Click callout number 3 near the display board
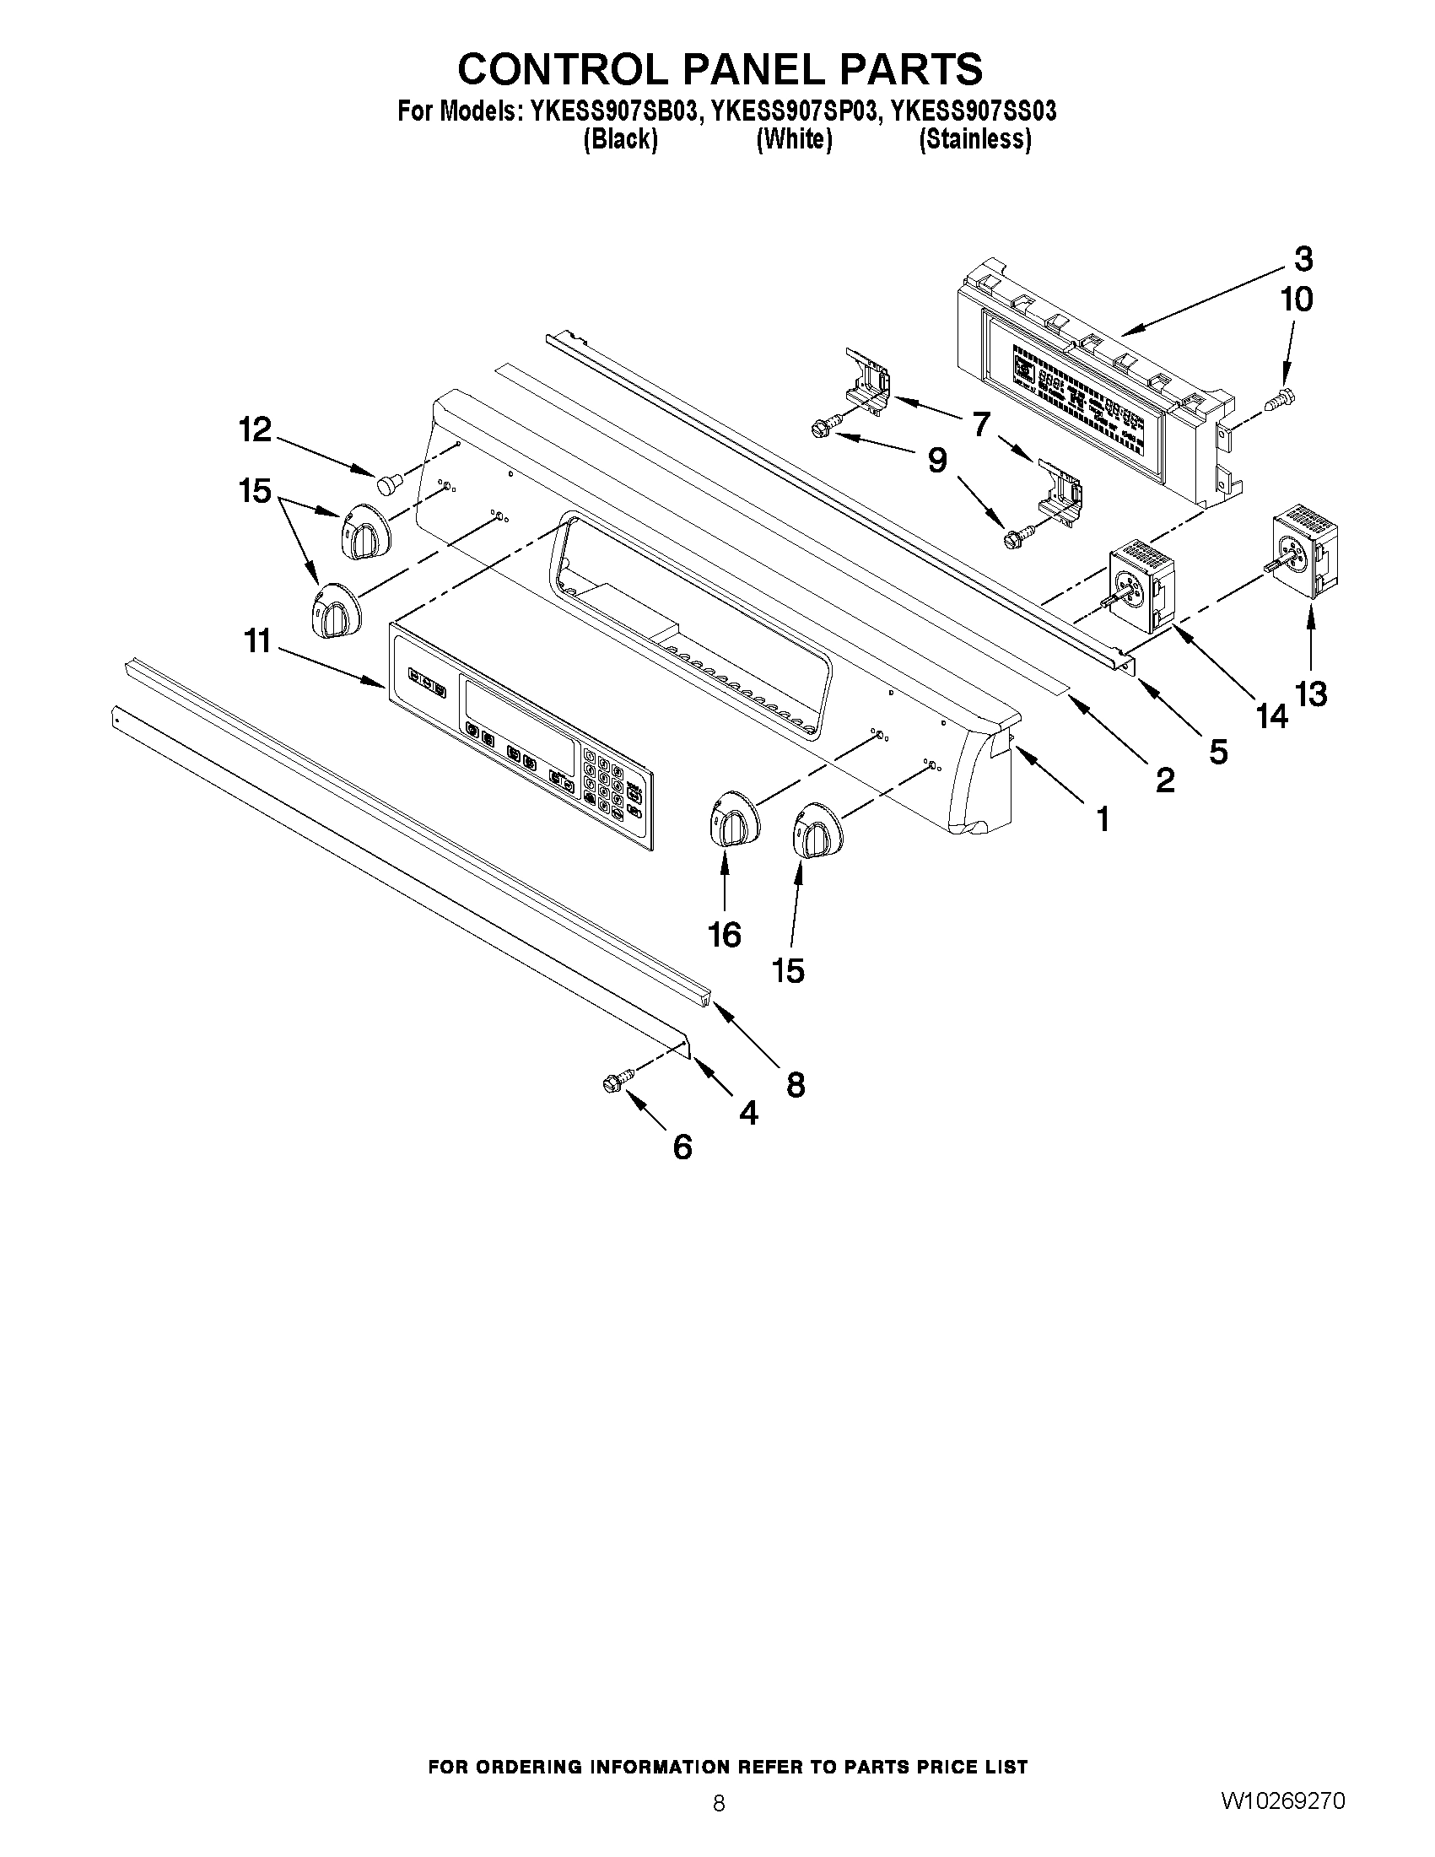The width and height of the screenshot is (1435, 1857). tap(1303, 257)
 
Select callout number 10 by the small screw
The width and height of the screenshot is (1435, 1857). tap(1297, 300)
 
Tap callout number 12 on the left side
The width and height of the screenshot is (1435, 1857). tap(254, 430)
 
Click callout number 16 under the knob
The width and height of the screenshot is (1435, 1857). tap(725, 936)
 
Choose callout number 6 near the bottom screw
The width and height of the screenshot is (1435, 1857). tap(682, 1148)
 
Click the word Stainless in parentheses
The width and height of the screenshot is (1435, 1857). tap(975, 140)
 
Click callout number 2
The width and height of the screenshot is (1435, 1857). tap(1165, 779)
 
